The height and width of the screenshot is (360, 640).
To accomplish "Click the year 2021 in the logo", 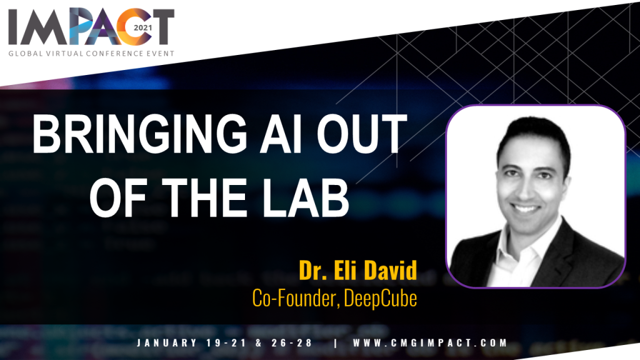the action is click(143, 27).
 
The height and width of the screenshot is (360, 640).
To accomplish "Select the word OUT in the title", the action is click(362, 134).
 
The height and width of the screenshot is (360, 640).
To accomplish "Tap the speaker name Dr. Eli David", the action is click(358, 270).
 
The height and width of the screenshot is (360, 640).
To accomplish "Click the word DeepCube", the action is click(381, 298).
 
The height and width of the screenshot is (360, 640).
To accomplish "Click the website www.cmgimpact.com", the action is click(430, 343).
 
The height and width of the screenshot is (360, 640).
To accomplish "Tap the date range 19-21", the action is click(226, 343).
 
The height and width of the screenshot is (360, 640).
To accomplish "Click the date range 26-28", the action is click(292, 343).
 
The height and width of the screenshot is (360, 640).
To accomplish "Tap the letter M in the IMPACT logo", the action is click(45, 27).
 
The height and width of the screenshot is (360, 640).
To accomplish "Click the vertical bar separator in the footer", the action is click(336, 343).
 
